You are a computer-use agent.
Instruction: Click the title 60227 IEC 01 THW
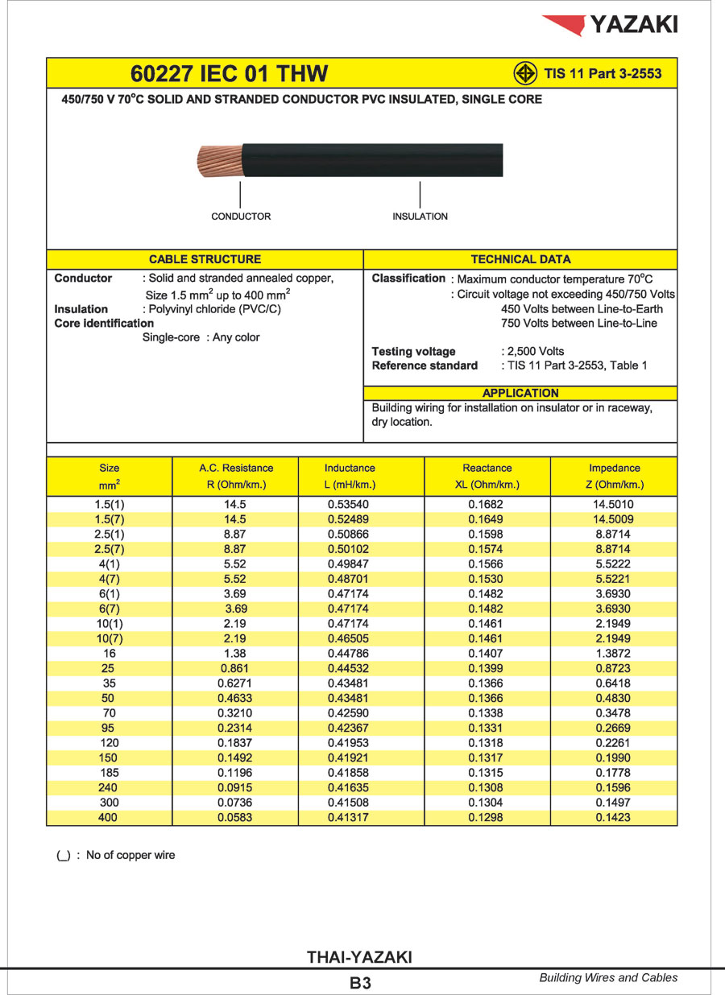tap(230, 74)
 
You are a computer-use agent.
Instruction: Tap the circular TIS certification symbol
tap(525, 73)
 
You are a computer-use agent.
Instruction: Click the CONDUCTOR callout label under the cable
tap(241, 217)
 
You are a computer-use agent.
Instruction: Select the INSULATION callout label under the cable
tap(420, 217)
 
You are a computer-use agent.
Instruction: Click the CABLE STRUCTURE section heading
tap(205, 259)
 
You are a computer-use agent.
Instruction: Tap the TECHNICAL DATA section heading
tap(520, 259)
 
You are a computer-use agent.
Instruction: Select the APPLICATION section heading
tap(520, 393)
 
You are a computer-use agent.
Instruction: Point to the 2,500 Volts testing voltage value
tap(535, 351)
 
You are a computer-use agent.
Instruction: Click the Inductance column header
tap(350, 468)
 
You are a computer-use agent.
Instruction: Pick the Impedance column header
tap(615, 468)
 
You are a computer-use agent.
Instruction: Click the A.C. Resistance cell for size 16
tap(235, 654)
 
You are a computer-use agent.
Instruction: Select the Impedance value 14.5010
tap(615, 505)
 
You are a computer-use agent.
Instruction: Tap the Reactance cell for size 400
tap(487, 818)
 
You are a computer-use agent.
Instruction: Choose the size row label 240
tap(108, 788)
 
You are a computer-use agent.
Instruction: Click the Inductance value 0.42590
tap(349, 713)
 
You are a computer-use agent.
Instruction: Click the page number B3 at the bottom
tap(360, 982)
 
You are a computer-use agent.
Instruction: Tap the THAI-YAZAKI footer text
tap(359, 957)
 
